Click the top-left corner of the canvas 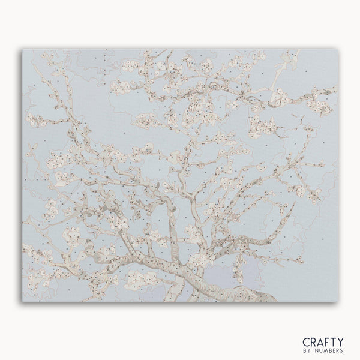(x=23, y=50)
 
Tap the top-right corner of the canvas (x=337, y=50)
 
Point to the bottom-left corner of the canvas (x=23, y=301)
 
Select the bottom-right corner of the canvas (x=337, y=301)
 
